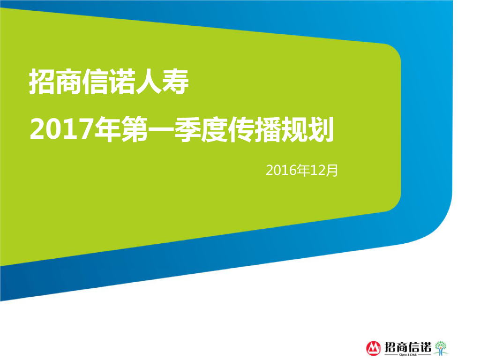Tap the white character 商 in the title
click(69, 82)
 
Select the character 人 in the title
click(149, 82)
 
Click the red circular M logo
click(374, 347)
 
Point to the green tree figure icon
click(441, 347)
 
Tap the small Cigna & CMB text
click(408, 355)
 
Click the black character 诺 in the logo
click(424, 346)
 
